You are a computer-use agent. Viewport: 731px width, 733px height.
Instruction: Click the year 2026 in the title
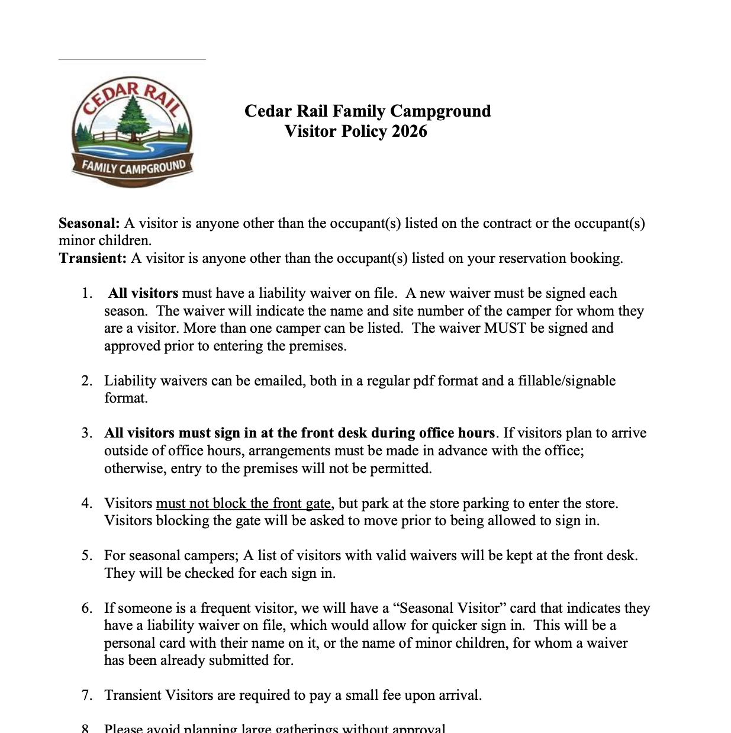(409, 131)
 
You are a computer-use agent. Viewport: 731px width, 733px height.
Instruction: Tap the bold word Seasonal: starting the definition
(89, 223)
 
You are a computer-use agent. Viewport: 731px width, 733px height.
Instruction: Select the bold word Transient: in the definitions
(93, 258)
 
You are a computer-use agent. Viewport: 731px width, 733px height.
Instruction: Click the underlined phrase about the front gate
(243, 503)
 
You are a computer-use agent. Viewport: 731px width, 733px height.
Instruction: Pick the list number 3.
(87, 433)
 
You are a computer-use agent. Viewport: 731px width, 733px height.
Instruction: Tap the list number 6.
(87, 608)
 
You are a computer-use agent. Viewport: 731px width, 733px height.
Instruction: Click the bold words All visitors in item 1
(143, 293)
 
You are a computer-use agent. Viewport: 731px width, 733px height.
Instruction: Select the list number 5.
(87, 555)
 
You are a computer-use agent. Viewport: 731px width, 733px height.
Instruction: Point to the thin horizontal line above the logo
(132, 59)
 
